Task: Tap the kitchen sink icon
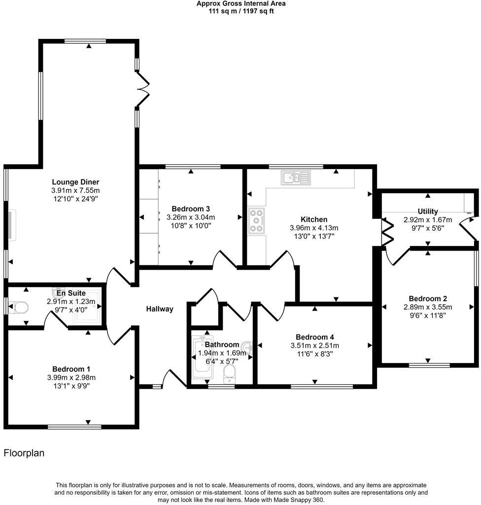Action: pos(295,177)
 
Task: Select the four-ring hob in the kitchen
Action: pos(256,220)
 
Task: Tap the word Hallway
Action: pos(160,309)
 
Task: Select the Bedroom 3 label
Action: pos(191,208)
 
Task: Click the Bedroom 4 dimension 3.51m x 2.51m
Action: pos(315,345)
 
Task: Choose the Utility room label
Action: pos(427,212)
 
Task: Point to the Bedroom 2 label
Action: pos(428,298)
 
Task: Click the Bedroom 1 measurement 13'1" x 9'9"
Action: pos(71,386)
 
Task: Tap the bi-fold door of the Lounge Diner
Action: pos(142,89)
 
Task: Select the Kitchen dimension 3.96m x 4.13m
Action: pos(314,228)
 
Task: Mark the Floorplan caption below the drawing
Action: pos(24,453)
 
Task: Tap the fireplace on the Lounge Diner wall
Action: pos(11,225)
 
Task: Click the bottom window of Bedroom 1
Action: pos(74,427)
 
